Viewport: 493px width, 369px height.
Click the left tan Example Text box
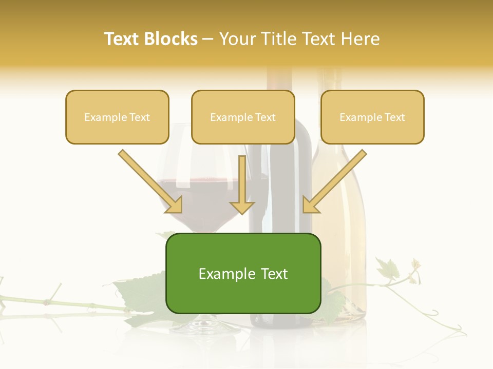(117, 117)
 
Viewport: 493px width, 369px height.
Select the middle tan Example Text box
(243, 117)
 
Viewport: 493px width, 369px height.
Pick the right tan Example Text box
(372, 117)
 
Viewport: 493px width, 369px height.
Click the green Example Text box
(243, 274)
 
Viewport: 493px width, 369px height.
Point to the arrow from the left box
(150, 182)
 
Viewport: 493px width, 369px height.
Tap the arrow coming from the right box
(335, 182)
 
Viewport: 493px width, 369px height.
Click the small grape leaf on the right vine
(388, 268)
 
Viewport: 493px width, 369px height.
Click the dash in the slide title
(208, 39)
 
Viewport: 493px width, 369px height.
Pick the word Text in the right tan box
(394, 117)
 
